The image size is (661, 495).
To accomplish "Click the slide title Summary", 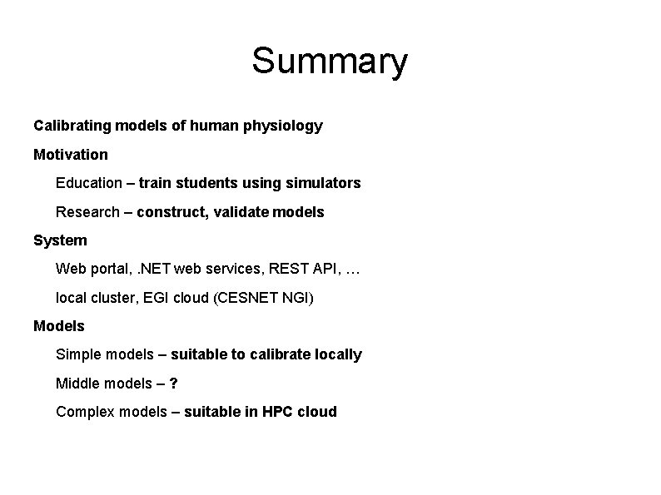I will click(330, 62).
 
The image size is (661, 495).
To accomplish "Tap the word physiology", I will click(286, 126).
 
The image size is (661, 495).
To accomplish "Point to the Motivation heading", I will click(71, 155).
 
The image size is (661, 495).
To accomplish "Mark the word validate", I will click(239, 212).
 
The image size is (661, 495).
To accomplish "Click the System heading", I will click(60, 240).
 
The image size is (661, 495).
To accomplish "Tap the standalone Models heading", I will click(59, 326).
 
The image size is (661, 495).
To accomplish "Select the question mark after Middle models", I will click(173, 383).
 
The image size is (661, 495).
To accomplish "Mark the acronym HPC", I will click(276, 411).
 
